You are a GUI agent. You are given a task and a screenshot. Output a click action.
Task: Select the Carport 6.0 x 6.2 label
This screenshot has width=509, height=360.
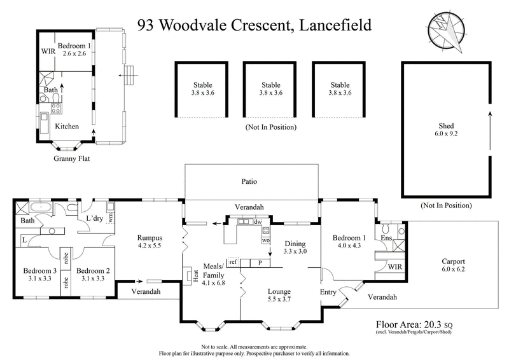pyautogui.click(x=453, y=265)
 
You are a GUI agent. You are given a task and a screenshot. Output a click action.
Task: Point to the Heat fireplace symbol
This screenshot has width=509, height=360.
pyautogui.click(x=190, y=274)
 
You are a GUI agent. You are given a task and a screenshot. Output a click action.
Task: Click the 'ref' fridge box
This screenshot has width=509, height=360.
pyautogui.click(x=233, y=262)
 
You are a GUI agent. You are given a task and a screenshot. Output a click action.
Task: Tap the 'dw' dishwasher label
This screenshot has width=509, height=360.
pyautogui.click(x=257, y=223)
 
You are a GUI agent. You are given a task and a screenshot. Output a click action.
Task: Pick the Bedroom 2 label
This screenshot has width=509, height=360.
pyautogui.click(x=94, y=274)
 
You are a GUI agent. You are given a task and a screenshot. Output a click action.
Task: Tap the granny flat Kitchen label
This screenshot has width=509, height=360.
pyautogui.click(x=67, y=127)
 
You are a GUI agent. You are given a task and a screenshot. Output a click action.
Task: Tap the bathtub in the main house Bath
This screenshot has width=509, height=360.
pyautogui.click(x=43, y=207)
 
